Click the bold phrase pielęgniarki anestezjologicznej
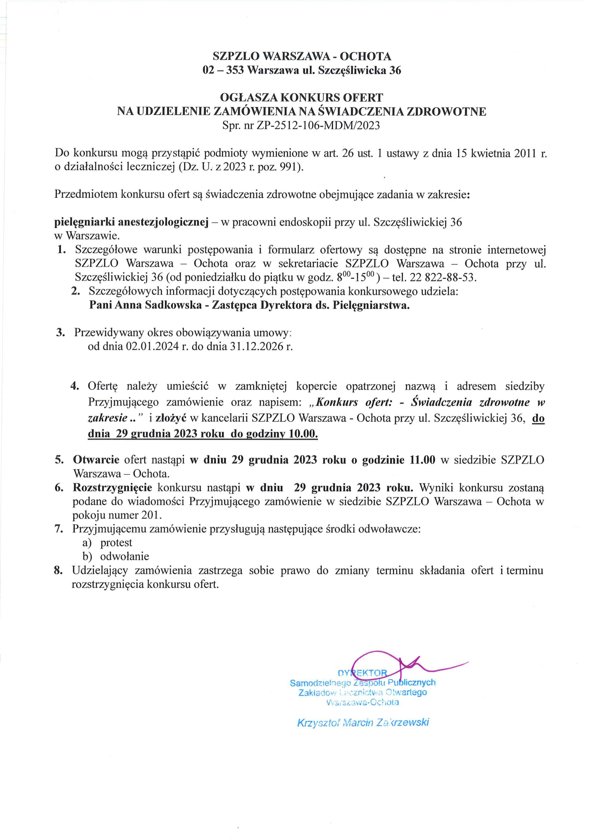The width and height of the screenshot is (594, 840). pyautogui.click(x=131, y=222)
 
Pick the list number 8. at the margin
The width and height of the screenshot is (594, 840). pyautogui.click(x=59, y=570)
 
